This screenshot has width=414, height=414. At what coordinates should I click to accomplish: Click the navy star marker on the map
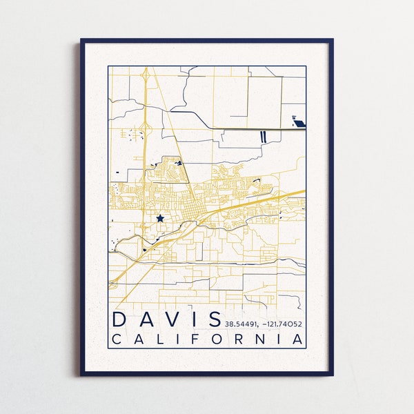point(160,218)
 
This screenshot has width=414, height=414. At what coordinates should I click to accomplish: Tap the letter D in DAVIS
point(120,319)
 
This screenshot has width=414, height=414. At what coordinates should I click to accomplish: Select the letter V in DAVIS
point(175,319)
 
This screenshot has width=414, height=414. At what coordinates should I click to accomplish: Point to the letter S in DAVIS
point(213,319)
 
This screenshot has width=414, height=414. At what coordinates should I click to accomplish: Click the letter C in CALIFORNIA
point(117,339)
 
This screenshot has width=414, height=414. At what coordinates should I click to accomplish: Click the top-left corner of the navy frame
point(81,40)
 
